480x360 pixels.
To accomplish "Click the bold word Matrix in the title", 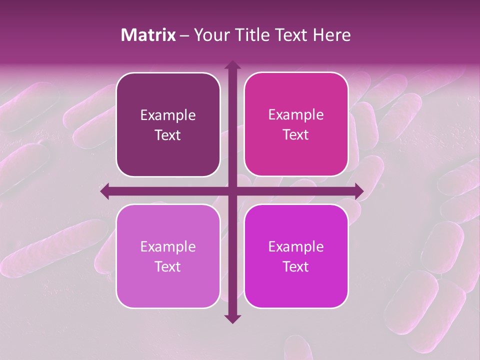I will [148, 35].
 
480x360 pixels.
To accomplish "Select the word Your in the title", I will [211, 35].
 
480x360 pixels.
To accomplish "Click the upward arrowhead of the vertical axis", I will [232, 65].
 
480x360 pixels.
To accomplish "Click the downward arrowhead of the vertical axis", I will [232, 318].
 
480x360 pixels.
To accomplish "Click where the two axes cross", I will [232, 191].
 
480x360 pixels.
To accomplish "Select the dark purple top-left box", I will [168, 150].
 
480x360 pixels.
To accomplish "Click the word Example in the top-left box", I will [168, 115].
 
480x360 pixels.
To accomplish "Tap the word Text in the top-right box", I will [296, 135].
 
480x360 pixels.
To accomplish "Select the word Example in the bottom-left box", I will [168, 246].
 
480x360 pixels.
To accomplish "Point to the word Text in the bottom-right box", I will [296, 266].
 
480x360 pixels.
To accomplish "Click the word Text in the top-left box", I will [168, 135].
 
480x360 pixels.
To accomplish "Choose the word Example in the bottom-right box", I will [296, 246].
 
